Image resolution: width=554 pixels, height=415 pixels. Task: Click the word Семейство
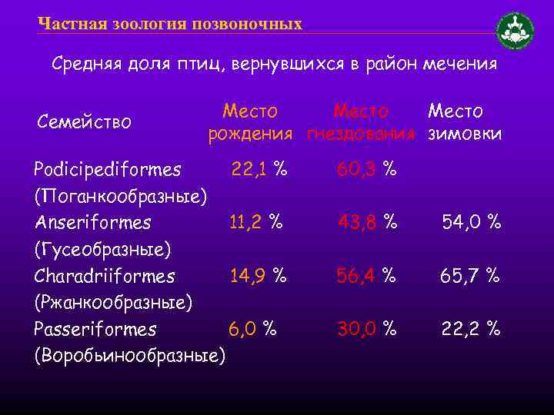click(x=84, y=121)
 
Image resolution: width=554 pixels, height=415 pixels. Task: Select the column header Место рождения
click(x=251, y=123)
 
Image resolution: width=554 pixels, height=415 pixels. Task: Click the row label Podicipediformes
click(x=108, y=168)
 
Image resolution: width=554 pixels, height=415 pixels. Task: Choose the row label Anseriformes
click(x=93, y=223)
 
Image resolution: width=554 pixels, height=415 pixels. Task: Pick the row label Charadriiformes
click(x=105, y=276)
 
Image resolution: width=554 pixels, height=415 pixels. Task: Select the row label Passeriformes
click(x=95, y=330)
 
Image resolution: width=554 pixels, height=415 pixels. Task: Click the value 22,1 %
click(x=259, y=168)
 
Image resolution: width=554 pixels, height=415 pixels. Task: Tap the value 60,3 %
click(x=367, y=168)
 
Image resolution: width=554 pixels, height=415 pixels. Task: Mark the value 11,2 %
click(x=256, y=223)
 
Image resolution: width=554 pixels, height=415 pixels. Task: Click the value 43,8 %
click(x=368, y=223)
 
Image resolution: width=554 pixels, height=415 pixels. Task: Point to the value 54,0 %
click(x=471, y=223)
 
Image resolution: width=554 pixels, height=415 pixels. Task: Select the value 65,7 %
click(x=469, y=276)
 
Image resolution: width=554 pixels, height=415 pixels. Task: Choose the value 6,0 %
click(x=252, y=330)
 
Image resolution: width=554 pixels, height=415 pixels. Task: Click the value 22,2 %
click(x=470, y=330)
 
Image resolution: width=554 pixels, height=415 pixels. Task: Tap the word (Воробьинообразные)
click(x=130, y=356)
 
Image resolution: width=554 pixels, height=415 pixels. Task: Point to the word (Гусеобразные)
click(x=103, y=249)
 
